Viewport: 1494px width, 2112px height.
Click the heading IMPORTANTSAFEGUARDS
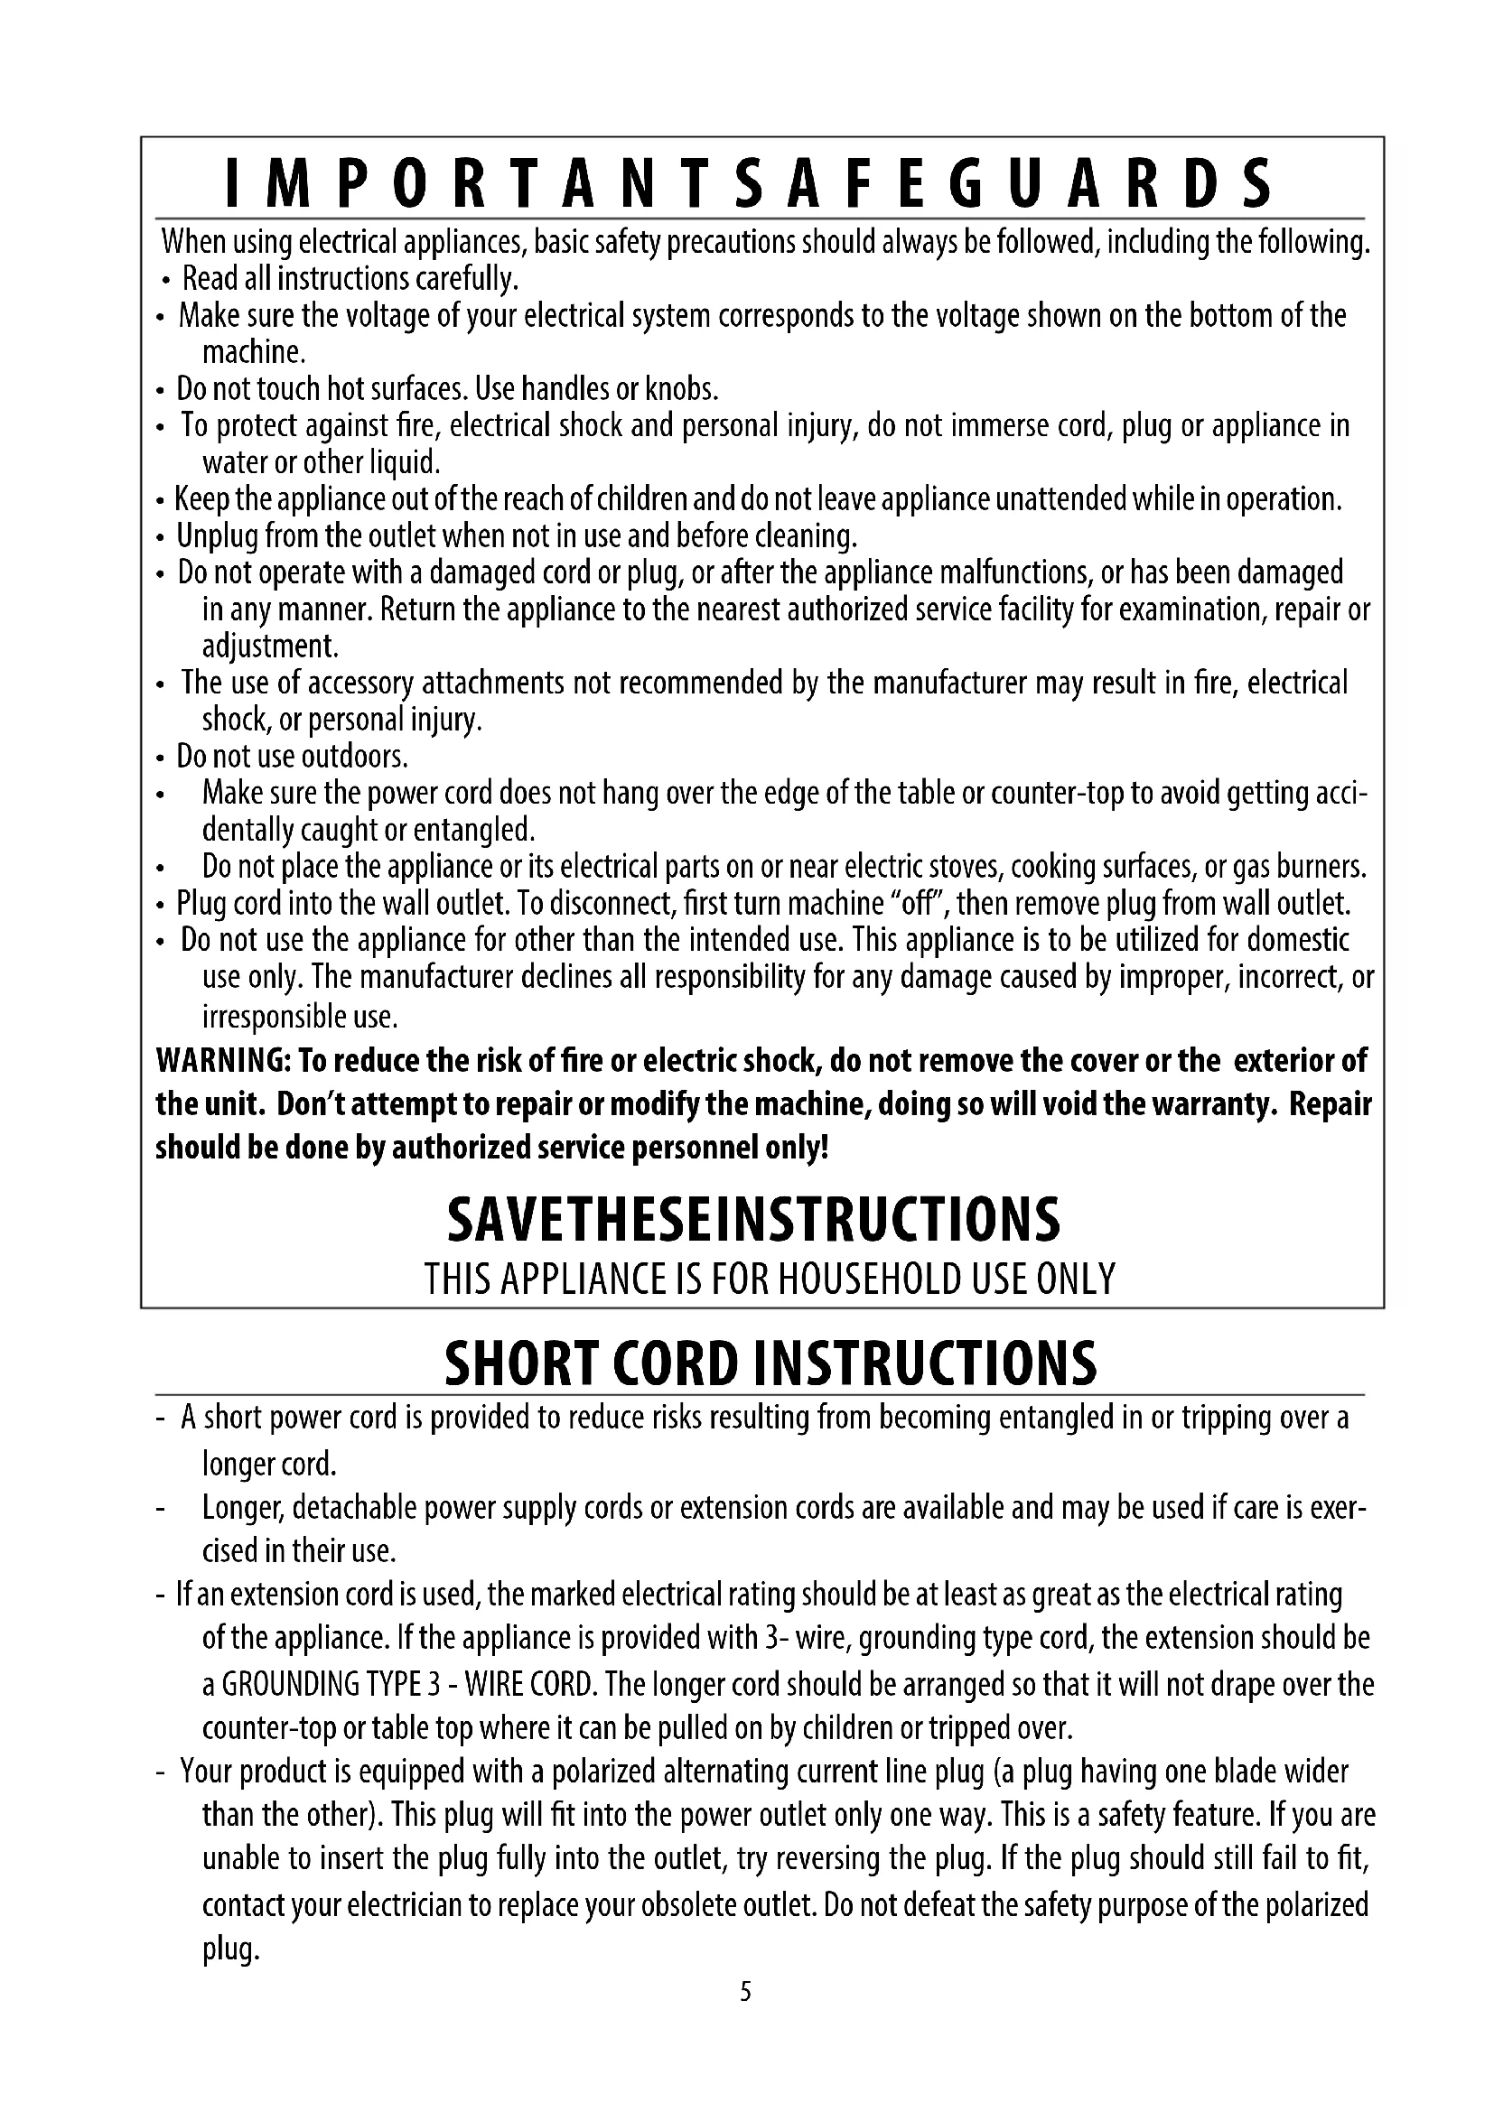(750, 184)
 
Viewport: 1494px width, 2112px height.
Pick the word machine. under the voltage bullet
(253, 352)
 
